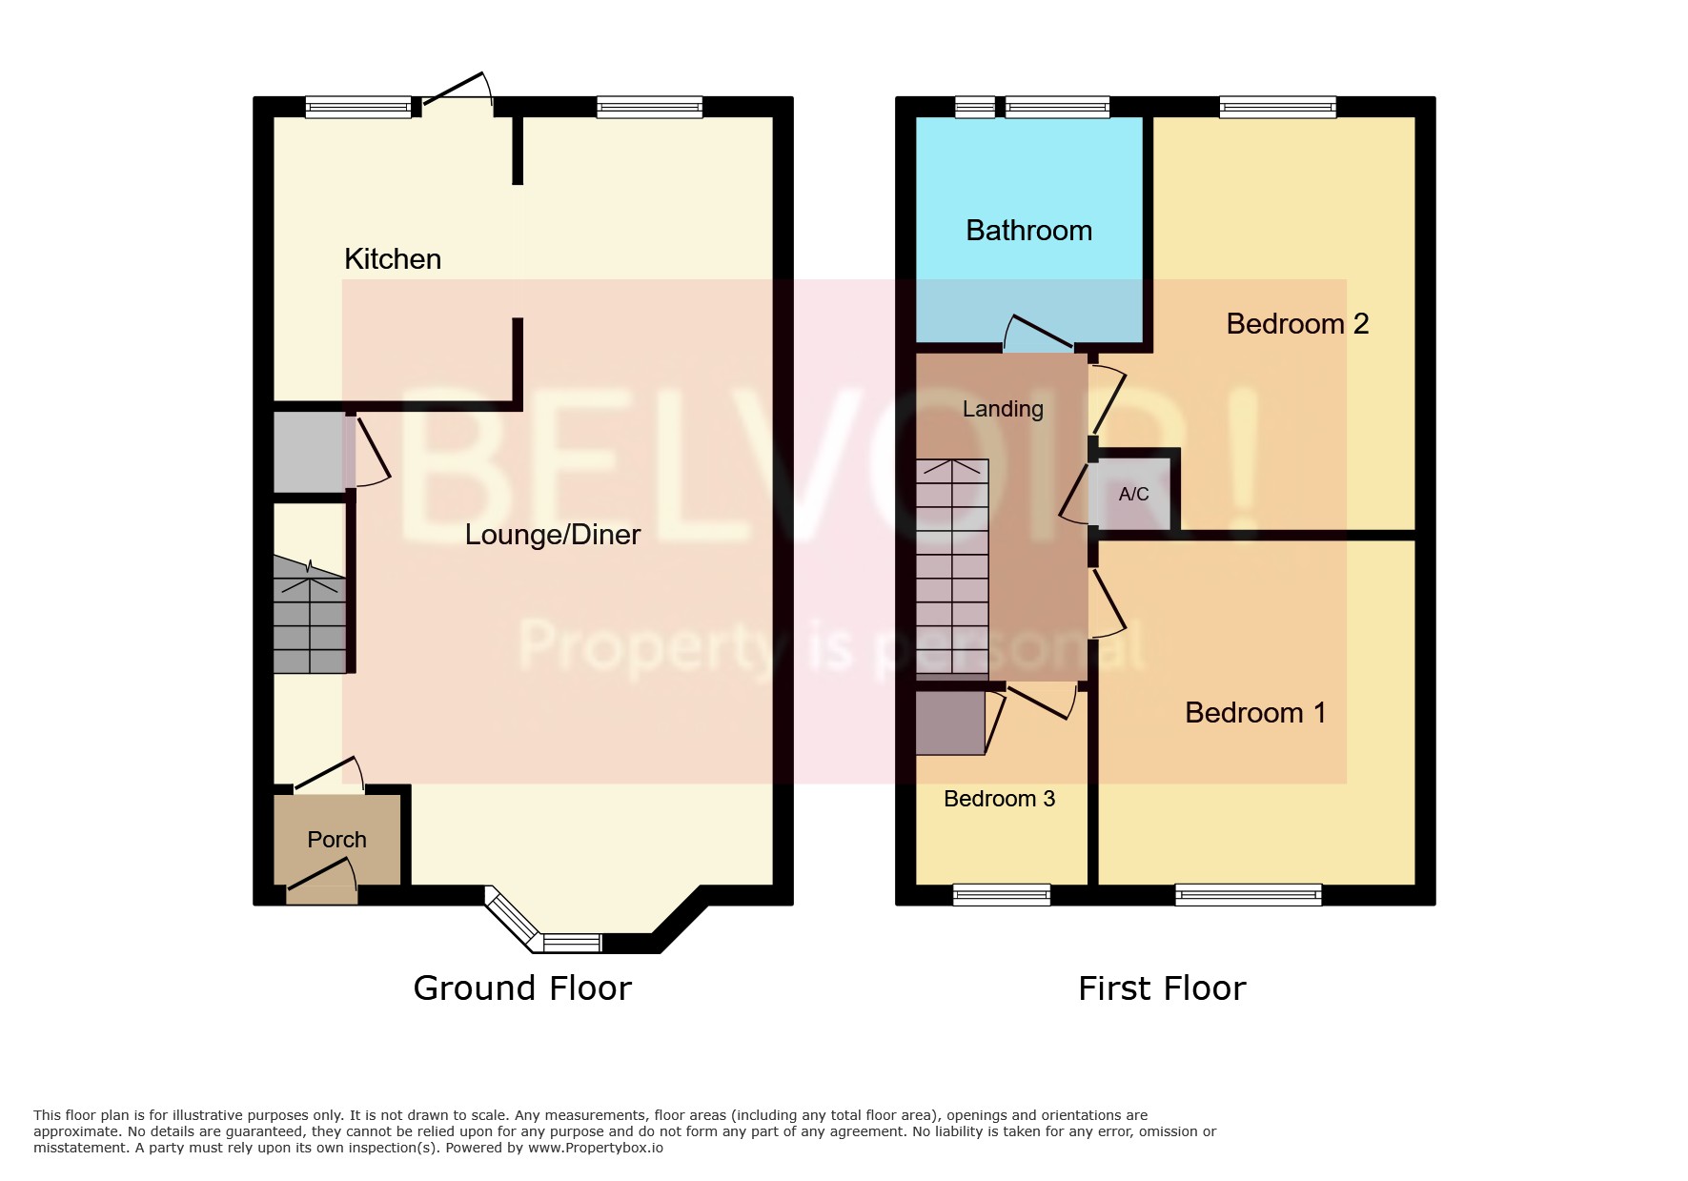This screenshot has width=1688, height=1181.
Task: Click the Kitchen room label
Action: (392, 259)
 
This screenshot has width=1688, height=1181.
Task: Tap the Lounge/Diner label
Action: (552, 535)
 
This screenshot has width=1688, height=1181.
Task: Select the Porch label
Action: (336, 840)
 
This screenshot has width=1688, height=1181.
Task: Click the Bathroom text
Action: (1028, 231)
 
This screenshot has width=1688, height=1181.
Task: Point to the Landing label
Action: (1002, 409)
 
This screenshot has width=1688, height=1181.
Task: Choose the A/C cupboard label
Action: (1133, 495)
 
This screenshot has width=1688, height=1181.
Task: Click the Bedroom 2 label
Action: (1296, 324)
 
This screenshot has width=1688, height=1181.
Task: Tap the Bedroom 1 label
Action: (1254, 713)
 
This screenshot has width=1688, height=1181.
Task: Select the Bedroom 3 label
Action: (999, 799)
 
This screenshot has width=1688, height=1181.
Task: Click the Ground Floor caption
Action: (522, 988)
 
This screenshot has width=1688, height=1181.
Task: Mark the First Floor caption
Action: (1161, 988)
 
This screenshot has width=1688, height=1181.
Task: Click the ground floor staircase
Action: (310, 615)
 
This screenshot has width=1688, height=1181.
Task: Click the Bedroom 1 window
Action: (1248, 894)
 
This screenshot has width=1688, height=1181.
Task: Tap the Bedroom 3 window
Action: (1001, 894)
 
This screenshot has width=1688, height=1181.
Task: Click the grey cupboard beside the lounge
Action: (309, 452)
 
